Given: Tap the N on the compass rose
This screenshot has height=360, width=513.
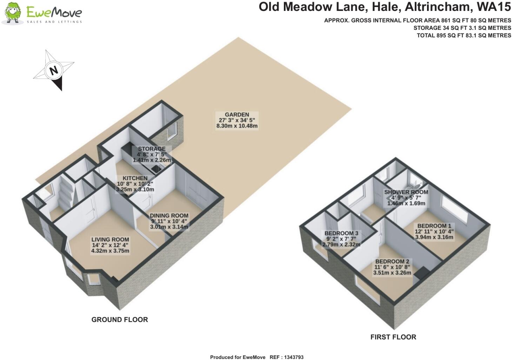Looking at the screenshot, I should [x=54, y=70].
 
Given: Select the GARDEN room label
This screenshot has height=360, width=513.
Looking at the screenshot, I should [x=237, y=114].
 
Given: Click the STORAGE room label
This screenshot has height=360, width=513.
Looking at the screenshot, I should [x=152, y=149].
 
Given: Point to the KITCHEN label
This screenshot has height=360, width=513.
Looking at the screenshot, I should [x=135, y=178].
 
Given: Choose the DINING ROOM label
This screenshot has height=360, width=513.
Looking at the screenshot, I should [x=169, y=216].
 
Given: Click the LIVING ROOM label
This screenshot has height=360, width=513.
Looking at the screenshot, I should [x=110, y=240].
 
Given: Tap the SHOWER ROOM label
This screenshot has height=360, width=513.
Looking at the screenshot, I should [x=406, y=192].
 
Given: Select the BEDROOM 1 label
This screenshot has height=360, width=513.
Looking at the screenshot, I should [x=434, y=226].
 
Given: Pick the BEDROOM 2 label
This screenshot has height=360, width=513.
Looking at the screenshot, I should [x=392, y=262].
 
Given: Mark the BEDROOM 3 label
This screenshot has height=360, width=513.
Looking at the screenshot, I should [x=341, y=233].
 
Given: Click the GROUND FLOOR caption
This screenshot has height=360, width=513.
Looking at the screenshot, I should [x=120, y=320].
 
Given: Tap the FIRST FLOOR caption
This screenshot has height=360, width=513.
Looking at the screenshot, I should [x=393, y=337].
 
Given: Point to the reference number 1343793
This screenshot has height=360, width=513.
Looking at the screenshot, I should [x=292, y=357].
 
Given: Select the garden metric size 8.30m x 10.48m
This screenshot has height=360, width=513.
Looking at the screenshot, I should [x=237, y=126].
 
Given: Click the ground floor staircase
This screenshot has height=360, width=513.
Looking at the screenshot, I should [x=66, y=194].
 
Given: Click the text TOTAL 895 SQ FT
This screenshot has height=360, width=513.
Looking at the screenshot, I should [x=444, y=35].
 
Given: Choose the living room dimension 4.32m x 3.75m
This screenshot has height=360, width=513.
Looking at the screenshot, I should [x=110, y=251].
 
